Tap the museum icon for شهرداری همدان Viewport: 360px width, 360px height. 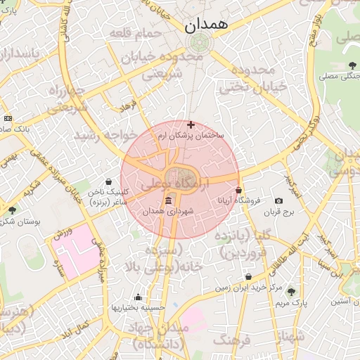[x=167, y=202]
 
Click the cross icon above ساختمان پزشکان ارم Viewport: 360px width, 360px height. [x=191, y=124]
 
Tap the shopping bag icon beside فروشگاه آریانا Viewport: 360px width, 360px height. [x=239, y=190]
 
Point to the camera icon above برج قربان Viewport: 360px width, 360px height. [x=278, y=201]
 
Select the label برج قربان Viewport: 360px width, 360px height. [x=278, y=212]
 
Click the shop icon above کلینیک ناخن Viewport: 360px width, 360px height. [x=108, y=181]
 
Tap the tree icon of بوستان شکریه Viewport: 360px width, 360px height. [x=12, y=210]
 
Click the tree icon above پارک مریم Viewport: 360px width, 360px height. [x=291, y=292]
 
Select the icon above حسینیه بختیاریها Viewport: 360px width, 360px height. [x=138, y=297]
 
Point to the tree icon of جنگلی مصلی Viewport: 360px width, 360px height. [x=352, y=65]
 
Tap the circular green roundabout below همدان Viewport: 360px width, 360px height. [x=198, y=41]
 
